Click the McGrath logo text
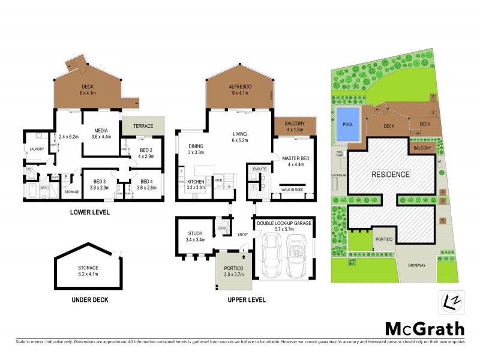point(424,328)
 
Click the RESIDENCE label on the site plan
point(390,175)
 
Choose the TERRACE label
point(143,126)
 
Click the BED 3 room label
point(95,181)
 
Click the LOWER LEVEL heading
point(89,212)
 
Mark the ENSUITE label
point(259,169)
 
